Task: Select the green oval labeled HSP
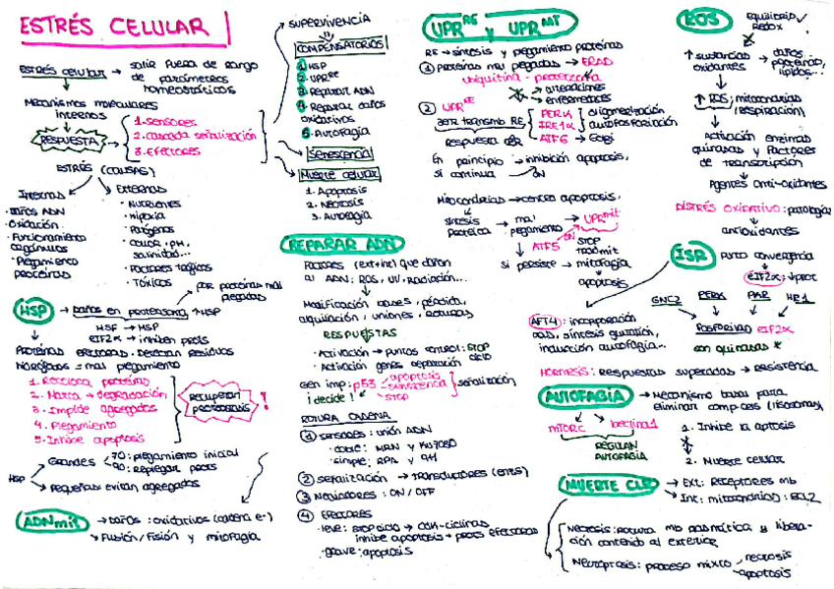[x=31, y=311]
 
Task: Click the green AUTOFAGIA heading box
[x=585, y=396]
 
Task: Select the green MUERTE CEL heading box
[x=607, y=484]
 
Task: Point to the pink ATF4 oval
[x=544, y=321]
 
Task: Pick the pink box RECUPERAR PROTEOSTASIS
[x=218, y=399]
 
